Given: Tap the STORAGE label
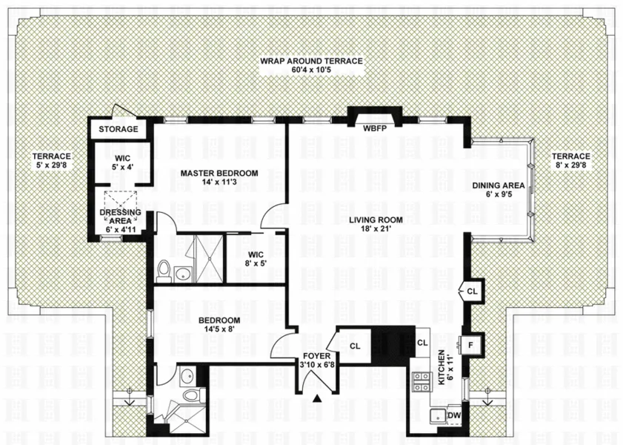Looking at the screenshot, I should [x=119, y=129].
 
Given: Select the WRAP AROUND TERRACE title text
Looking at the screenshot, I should [x=311, y=61].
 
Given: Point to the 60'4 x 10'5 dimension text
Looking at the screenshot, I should [x=311, y=70].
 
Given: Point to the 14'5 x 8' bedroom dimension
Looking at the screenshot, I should [x=219, y=331].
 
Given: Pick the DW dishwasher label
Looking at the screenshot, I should [x=454, y=415].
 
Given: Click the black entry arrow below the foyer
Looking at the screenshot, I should [x=318, y=400].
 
